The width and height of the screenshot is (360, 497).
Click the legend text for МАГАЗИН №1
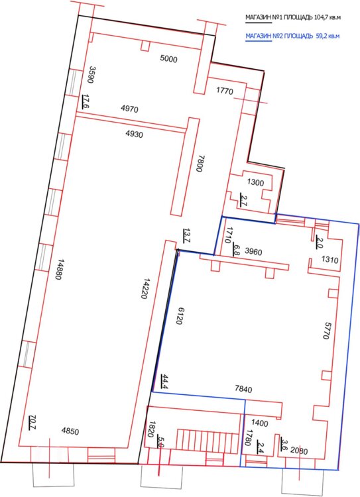point(293,17)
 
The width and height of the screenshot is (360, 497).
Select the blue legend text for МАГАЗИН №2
point(292,36)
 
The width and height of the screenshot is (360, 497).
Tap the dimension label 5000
point(169,59)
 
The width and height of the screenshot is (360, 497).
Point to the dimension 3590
point(91,75)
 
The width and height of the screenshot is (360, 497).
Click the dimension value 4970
point(130,109)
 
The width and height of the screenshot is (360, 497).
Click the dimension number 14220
point(147,289)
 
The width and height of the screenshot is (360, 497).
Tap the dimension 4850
point(70,431)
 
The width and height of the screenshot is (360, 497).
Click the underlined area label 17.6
point(86,101)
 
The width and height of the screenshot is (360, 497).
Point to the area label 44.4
point(164,381)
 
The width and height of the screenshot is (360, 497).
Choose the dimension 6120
point(178,315)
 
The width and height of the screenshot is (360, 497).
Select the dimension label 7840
point(243,388)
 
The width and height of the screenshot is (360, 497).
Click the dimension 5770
point(326,331)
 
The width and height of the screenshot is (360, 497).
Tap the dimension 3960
point(254,252)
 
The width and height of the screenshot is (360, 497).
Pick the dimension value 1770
point(225,91)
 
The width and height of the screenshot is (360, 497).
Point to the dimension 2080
point(299,451)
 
